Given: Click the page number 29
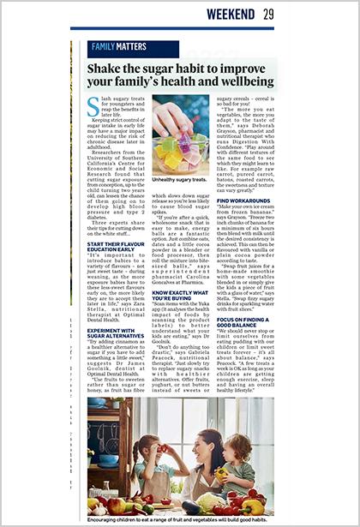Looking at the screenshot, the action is [x=268, y=14].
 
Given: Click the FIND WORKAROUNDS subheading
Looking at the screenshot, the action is [x=242, y=199].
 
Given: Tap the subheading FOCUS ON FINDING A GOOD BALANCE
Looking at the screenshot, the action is [x=243, y=323].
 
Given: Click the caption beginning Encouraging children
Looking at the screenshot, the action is [x=181, y=520].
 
